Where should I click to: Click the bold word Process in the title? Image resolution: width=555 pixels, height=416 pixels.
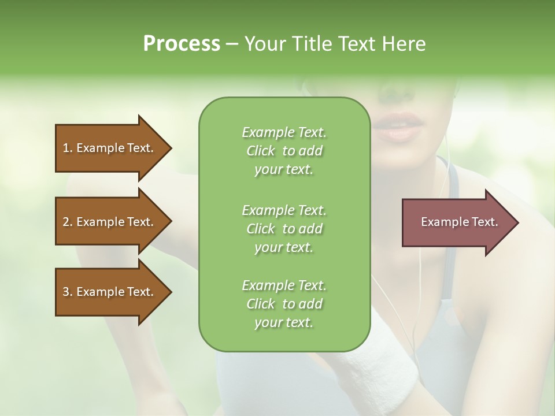[x=181, y=44]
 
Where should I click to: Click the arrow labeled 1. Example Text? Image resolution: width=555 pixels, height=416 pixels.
[x=113, y=148]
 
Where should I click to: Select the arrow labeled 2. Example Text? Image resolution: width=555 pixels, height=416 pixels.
[x=113, y=222]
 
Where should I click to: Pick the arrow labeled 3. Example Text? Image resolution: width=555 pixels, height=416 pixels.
[x=113, y=292]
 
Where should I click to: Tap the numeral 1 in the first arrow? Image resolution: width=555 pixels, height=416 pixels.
[x=65, y=148]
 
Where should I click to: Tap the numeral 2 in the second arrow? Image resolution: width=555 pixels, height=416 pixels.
[x=65, y=222]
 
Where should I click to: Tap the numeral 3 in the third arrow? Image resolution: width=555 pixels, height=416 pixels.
[x=65, y=292]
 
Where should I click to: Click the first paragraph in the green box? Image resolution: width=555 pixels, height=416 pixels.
[x=284, y=151]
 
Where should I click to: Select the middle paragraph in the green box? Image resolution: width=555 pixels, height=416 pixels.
[x=284, y=229]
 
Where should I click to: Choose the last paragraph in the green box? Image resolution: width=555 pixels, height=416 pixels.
[x=284, y=304]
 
